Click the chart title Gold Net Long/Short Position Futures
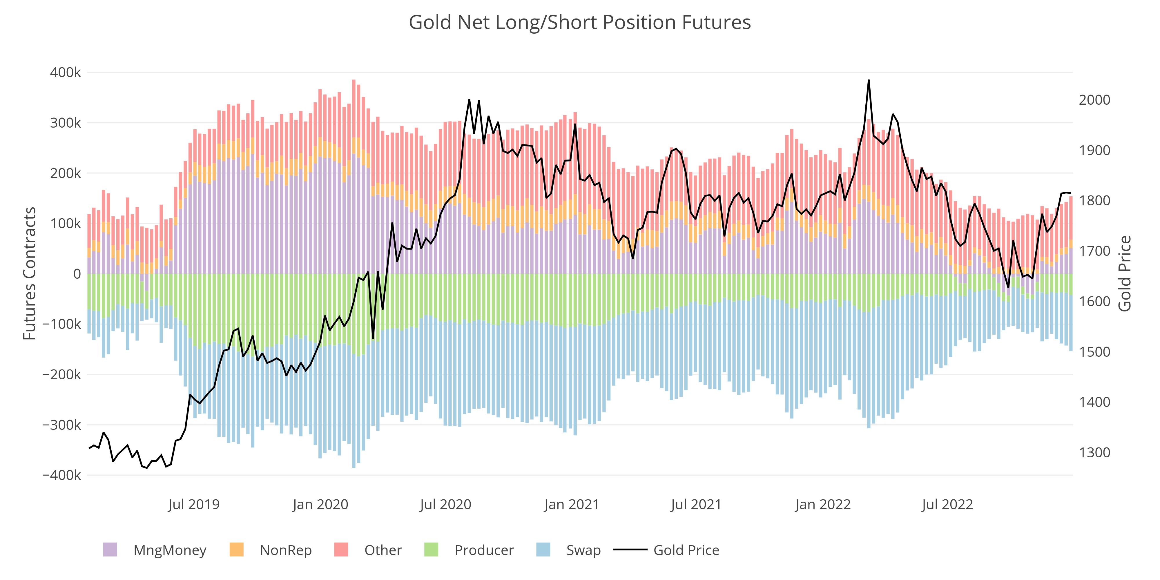tap(579, 23)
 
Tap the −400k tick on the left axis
tap(62, 475)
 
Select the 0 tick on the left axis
tap(77, 274)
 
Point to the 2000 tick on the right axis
tap(1094, 100)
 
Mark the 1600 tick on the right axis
tap(1094, 301)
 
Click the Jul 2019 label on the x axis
tap(194, 504)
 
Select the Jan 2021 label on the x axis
tap(571, 504)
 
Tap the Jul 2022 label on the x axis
tap(947, 504)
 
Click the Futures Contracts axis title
tap(30, 273)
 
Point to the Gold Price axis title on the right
tap(1124, 273)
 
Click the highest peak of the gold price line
tap(869, 81)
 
